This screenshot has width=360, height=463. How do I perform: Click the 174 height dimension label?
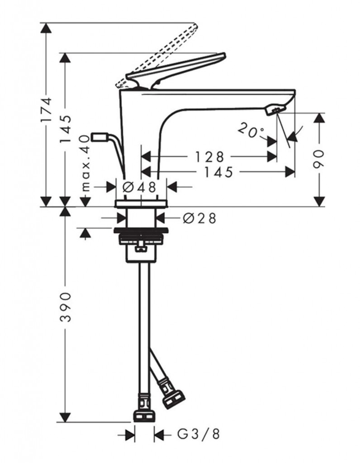47,109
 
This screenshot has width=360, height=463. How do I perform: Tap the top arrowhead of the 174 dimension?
46,28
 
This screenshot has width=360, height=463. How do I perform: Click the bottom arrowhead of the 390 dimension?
65,416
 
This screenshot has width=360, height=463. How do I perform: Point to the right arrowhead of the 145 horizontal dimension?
290,171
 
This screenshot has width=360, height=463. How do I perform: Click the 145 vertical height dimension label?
66,129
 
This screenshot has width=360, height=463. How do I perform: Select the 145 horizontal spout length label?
218,172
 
